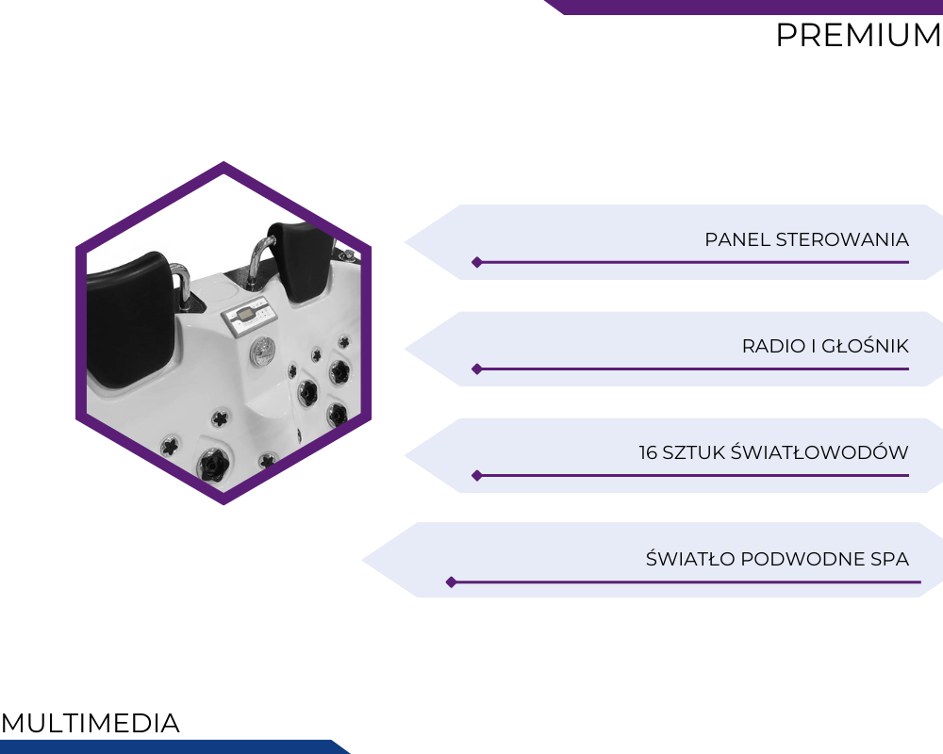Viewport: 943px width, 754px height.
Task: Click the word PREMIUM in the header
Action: point(858,35)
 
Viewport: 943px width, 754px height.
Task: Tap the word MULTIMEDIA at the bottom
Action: point(91,723)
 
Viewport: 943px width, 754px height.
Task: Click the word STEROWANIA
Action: point(842,239)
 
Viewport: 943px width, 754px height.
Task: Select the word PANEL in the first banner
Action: point(737,239)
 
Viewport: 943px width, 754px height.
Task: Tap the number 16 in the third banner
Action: point(648,452)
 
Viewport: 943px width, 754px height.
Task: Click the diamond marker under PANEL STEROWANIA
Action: point(477,262)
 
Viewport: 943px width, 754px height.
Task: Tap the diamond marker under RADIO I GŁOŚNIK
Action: point(477,369)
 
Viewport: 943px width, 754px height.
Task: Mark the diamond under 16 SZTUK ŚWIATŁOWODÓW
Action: point(477,476)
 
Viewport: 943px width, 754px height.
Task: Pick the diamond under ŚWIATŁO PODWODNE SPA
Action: point(451,582)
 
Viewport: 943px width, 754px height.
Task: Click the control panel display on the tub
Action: point(243,314)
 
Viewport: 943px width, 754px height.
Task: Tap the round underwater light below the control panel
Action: point(263,349)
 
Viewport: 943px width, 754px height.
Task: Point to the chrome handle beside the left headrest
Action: point(181,286)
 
